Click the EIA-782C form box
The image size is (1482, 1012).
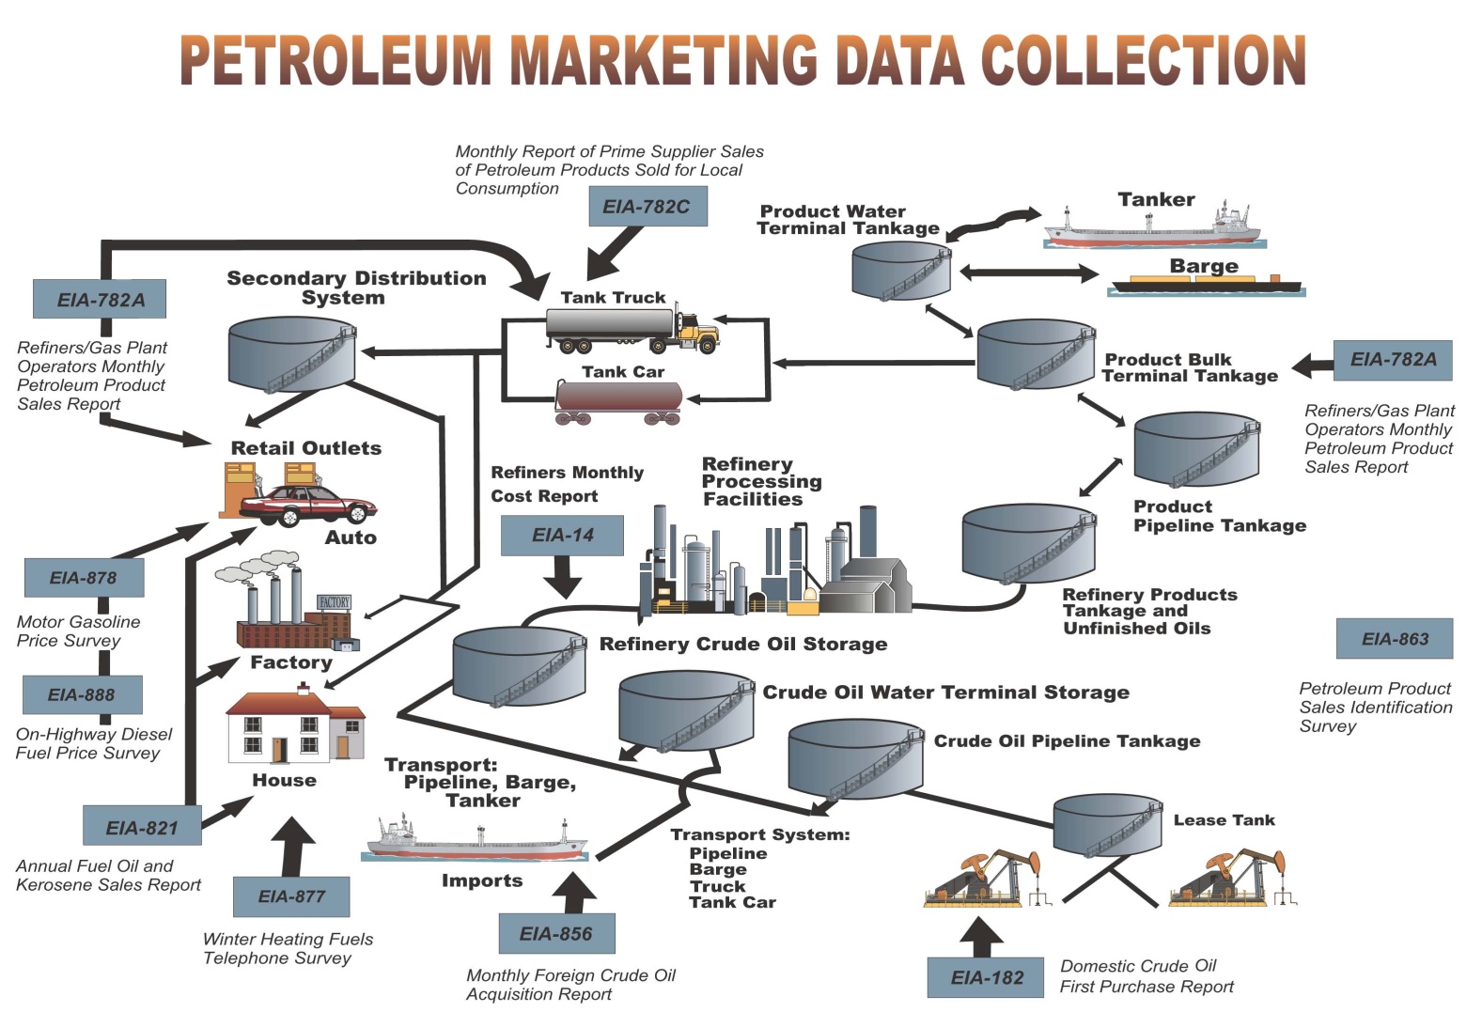click(647, 207)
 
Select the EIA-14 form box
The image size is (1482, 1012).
click(562, 535)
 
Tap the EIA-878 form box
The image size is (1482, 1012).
click(84, 578)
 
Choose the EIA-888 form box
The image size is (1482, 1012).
click(82, 695)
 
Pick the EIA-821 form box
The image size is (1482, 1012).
click(142, 827)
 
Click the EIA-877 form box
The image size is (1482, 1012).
click(291, 896)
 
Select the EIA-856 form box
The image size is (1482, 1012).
click(556, 934)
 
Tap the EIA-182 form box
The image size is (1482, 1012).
click(986, 977)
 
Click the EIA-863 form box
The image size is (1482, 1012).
click(1395, 639)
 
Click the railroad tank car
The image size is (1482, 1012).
click(618, 402)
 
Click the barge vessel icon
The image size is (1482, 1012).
click(1206, 284)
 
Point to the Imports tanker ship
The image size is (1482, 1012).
click(476, 840)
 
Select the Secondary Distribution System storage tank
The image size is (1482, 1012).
click(292, 353)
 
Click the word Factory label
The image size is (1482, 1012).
click(291, 662)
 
